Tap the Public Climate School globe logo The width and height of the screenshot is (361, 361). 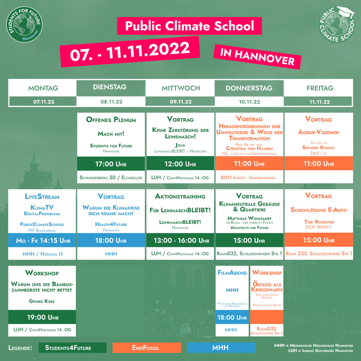[336, 25]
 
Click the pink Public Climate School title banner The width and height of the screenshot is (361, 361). [189, 26]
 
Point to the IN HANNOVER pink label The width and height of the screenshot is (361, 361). [257, 57]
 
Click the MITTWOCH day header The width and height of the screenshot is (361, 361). [181, 88]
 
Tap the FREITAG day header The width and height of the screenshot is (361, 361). [319, 88]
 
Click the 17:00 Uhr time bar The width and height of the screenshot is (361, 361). [111, 164]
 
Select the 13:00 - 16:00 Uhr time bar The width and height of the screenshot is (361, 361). [181, 240]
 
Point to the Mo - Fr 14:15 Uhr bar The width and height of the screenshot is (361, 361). [42, 240]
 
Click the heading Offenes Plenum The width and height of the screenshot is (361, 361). [111, 120]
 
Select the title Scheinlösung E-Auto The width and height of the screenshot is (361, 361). [318, 210]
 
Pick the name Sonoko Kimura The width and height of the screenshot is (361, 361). [318, 147]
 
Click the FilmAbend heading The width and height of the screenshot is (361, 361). [232, 273]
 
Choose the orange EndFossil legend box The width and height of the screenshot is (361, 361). [147, 348]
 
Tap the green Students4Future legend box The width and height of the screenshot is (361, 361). [72, 348]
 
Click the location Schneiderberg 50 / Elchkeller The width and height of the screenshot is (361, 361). [111, 177]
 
